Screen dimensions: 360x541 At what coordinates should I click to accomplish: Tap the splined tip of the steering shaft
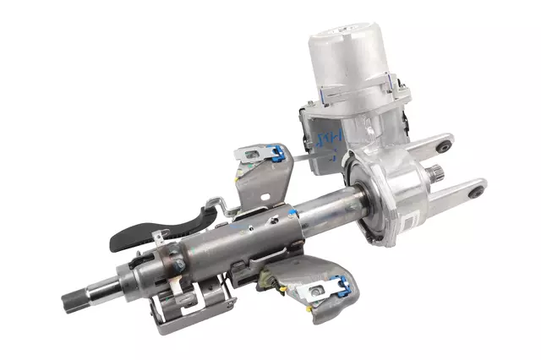click(76, 298)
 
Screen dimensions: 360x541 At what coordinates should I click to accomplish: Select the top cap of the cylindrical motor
click(347, 39)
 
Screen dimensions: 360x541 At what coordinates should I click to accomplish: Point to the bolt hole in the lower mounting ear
click(478, 192)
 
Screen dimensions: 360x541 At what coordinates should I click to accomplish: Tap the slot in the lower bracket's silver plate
click(314, 291)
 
